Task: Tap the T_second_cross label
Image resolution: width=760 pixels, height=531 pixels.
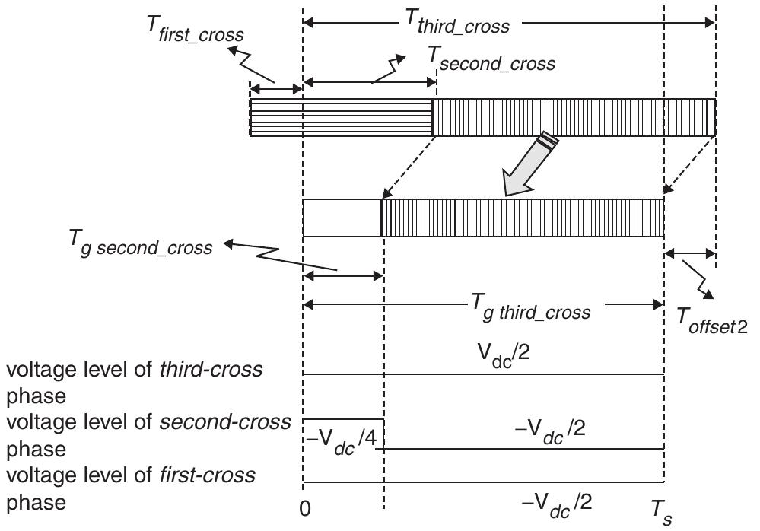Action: (491, 62)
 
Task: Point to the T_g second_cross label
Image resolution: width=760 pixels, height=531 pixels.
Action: (139, 245)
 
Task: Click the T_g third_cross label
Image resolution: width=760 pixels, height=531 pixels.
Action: (530, 311)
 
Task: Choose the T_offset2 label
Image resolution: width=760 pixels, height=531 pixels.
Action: (712, 320)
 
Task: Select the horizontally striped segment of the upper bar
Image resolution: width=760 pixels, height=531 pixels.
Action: (342, 118)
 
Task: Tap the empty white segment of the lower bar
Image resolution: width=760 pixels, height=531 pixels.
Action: (341, 218)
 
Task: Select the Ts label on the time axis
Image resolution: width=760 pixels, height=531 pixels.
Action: (660, 510)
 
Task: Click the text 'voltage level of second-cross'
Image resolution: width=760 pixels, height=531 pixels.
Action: (148, 422)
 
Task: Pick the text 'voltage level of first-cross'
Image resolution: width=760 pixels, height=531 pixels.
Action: (131, 475)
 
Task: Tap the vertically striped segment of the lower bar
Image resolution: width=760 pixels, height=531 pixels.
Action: (522, 218)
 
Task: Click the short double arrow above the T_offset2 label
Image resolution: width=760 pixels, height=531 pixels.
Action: (689, 255)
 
